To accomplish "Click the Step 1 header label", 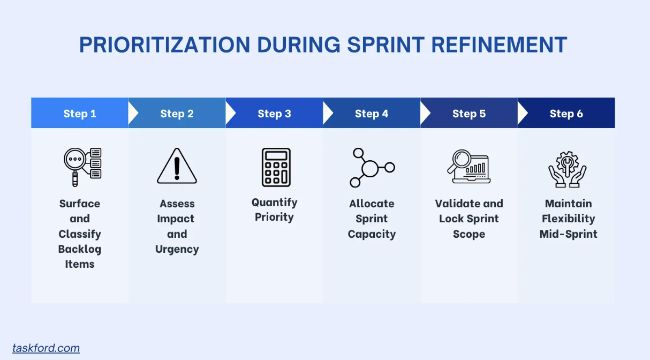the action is point(80,114).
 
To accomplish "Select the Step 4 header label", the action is point(372,114).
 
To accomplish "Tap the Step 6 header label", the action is point(566,114).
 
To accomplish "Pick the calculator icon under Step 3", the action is point(276,167).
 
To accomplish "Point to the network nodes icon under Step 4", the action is point(372,168).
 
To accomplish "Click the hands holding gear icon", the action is point(568,169).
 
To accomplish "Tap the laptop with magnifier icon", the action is point(469,167).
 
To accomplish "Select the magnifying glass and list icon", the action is point(82,167).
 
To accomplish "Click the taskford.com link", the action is point(46,348).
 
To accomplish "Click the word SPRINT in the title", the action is point(386,44).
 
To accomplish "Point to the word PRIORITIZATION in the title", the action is point(164,44).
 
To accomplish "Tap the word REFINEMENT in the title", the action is point(499,44).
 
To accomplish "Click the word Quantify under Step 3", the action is point(275,202).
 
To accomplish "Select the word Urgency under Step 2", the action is point(177,249).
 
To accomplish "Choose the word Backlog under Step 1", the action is point(80,249).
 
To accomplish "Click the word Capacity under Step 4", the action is point(372,234).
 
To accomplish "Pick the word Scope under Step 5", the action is point(469,234).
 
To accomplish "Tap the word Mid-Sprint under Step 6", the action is point(568,234).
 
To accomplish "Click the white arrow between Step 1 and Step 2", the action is point(133,113).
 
